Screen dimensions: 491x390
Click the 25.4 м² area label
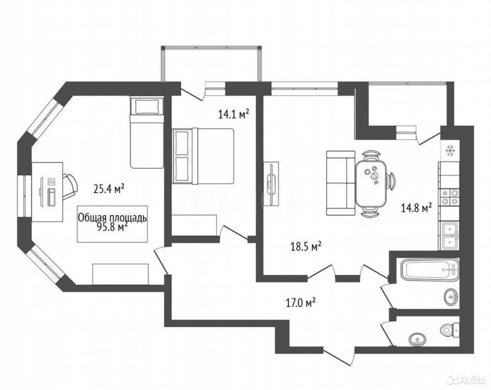[109, 189]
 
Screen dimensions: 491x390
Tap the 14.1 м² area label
[234, 114]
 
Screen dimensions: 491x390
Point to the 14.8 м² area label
[417, 208]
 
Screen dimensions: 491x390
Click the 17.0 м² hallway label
[301, 303]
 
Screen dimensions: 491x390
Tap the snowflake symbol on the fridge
[450, 150]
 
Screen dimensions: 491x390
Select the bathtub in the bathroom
[430, 269]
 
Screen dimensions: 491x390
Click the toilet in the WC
[450, 330]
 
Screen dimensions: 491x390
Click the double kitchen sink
[450, 236]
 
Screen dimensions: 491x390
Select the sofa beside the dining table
[341, 183]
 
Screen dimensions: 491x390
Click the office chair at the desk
[70, 187]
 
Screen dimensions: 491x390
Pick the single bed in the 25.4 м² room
[147, 132]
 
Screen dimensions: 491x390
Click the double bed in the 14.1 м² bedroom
[203, 156]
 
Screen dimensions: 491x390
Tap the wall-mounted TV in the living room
[271, 184]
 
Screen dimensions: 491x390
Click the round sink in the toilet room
[417, 339]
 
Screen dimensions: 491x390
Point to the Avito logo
[467, 380]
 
